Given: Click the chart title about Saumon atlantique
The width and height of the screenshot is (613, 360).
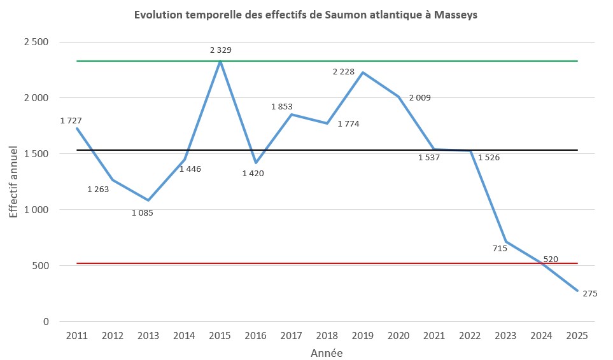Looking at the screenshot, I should tap(306, 15).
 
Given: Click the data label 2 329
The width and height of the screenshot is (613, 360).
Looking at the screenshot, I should tap(221, 49).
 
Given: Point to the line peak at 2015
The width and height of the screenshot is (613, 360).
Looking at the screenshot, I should tap(220, 61).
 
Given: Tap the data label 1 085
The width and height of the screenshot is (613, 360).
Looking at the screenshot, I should tap(143, 212).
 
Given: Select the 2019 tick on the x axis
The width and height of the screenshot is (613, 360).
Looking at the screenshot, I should tap(363, 335).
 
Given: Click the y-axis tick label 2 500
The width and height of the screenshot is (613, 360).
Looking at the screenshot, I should tap(36, 42).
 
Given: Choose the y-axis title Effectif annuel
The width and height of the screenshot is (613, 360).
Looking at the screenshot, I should tap(14, 181).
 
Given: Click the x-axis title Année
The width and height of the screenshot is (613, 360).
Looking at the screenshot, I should tap(327, 352).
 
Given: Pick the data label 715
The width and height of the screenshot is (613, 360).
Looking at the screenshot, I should tap(500, 248).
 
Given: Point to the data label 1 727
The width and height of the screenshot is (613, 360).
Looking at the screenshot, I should tap(71, 120).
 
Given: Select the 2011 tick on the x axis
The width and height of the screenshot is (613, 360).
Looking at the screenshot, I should tap(77, 335).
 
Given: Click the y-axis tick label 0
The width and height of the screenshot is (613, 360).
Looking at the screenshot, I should tap(46, 321).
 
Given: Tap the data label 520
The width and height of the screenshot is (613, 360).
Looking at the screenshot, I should tap(551, 259).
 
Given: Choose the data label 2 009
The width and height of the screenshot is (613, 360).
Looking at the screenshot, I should tap(420, 97).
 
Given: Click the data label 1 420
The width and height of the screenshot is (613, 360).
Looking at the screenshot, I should tap(253, 173).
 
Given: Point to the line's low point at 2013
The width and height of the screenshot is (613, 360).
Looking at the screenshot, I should tap(148, 200).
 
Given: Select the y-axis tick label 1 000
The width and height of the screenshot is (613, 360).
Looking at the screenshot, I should tap(36, 209).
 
